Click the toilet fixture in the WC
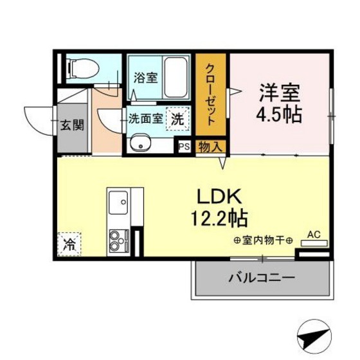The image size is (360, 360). click(83, 68)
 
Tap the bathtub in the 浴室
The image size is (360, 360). click(175, 77)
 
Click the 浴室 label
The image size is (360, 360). click(146, 78)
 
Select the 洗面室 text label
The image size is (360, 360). click(145, 119)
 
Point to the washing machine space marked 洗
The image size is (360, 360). click(177, 119)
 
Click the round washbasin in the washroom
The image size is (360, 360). click(140, 143)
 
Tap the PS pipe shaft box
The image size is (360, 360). click(184, 146)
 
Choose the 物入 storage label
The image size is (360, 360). click(210, 147)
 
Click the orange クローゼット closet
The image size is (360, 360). click(211, 95)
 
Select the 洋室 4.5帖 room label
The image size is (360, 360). click(279, 104)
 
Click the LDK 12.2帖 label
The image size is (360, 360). click(219, 207)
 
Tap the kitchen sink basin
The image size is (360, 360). click(118, 203)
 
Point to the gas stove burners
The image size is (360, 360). click(118, 240)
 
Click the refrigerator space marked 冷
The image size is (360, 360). click(69, 244)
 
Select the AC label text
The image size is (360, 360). click(314, 235)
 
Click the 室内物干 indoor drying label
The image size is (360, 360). click(264, 240)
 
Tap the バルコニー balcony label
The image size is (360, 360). click(262, 278)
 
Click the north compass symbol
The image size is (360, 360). click(314, 336)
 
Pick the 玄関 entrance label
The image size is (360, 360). click(72, 125)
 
